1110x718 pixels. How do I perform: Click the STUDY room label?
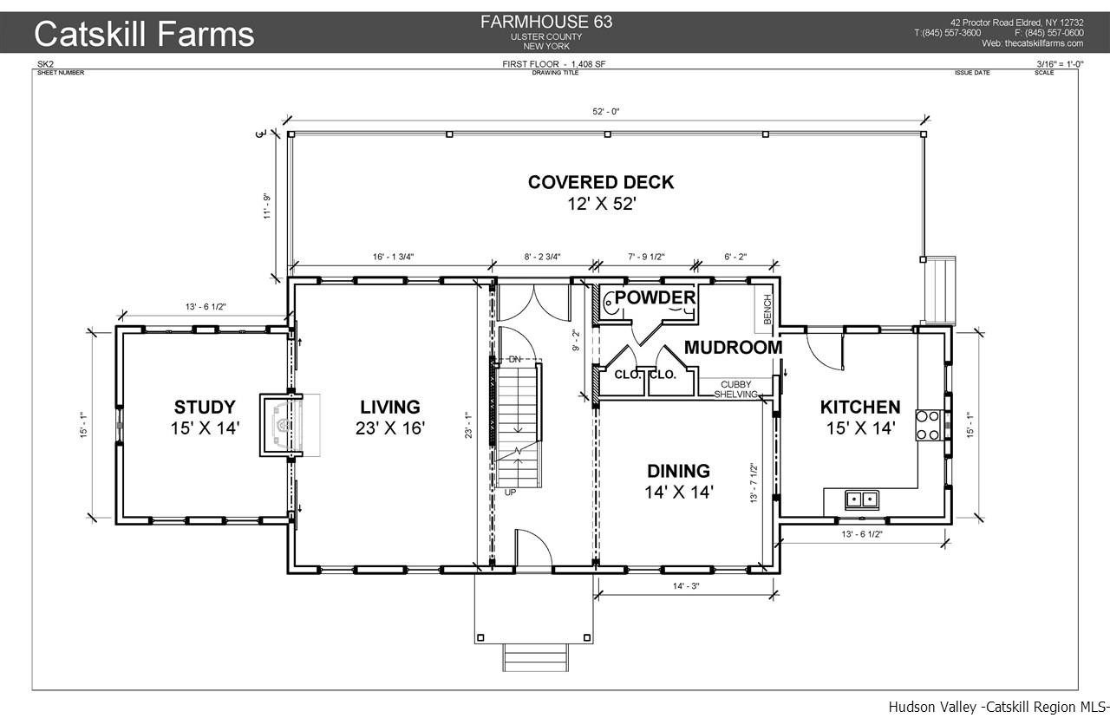205,408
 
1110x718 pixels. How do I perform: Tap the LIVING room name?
390,408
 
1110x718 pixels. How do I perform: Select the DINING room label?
678,471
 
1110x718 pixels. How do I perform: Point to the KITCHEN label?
860,408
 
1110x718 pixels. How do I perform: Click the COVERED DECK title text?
601,182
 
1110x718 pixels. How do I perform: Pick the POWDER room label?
655,297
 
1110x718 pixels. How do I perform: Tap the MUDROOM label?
734,348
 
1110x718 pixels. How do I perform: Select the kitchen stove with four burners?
928,425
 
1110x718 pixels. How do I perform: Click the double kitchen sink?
862,499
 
